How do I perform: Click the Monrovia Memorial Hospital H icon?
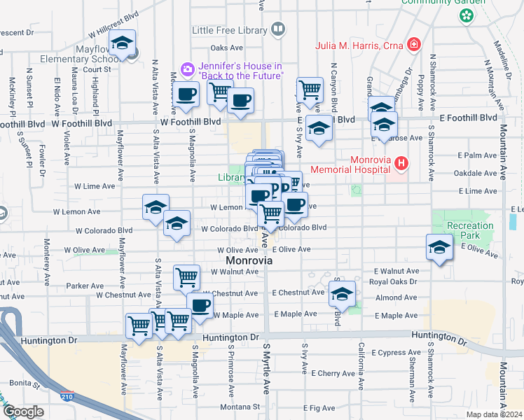click(x=401, y=164)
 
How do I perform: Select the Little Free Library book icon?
click(x=278, y=29)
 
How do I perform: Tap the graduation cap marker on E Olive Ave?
click(x=439, y=247)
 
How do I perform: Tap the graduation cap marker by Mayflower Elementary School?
click(x=123, y=44)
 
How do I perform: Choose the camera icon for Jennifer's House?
click(x=188, y=69)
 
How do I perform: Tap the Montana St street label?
click(x=240, y=406)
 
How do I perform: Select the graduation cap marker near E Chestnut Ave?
click(x=342, y=294)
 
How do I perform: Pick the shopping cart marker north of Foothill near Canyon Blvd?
click(x=310, y=90)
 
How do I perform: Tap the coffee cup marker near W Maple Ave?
click(x=200, y=305)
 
